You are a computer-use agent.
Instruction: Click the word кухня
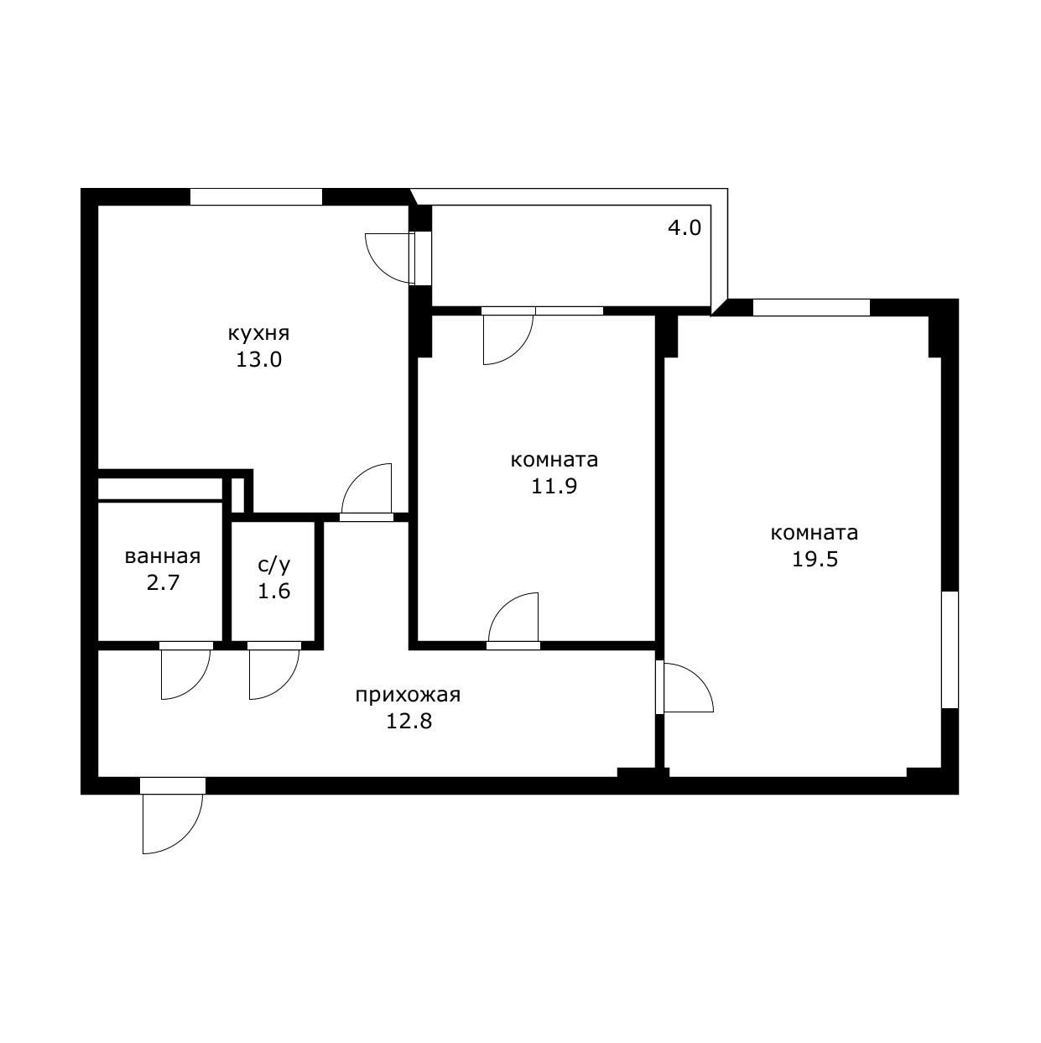(x=258, y=333)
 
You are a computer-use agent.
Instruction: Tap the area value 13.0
(x=258, y=360)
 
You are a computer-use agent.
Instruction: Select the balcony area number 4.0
(x=684, y=227)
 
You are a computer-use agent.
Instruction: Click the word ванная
(x=163, y=556)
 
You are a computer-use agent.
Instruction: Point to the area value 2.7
(x=163, y=582)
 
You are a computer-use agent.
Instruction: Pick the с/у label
(x=273, y=565)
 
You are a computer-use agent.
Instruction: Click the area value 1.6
(x=273, y=591)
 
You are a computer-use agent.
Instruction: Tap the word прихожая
(x=408, y=695)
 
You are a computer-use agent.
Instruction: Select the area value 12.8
(x=409, y=721)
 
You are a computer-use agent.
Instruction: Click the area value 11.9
(x=554, y=486)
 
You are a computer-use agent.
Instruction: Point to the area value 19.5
(x=815, y=559)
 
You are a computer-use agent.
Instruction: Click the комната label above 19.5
(x=814, y=533)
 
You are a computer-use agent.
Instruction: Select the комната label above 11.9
(x=554, y=460)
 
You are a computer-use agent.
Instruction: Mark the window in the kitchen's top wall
(x=256, y=197)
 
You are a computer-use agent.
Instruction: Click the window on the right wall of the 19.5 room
(x=950, y=649)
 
